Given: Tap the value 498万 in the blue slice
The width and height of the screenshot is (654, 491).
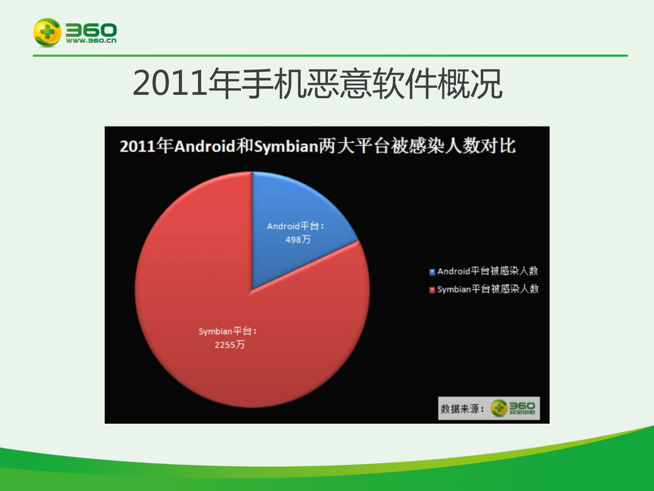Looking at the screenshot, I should pyautogui.click(x=298, y=240).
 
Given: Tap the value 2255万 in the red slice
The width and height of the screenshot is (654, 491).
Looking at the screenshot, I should pyautogui.click(x=229, y=345).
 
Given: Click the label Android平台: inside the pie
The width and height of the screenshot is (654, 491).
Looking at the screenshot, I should pyautogui.click(x=295, y=226).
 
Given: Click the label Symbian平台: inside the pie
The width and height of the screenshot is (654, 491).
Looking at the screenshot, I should pyautogui.click(x=227, y=331).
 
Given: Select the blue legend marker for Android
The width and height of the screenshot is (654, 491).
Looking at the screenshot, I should pyautogui.click(x=432, y=272).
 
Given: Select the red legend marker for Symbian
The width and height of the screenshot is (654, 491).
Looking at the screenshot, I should pyautogui.click(x=432, y=290).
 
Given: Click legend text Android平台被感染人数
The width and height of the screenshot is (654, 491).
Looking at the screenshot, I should pyautogui.click(x=487, y=271).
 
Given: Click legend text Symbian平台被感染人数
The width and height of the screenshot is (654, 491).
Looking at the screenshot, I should pyautogui.click(x=487, y=289).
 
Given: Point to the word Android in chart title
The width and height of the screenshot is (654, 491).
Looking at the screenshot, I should pyautogui.click(x=205, y=146).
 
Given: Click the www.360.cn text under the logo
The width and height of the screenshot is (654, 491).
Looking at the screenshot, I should pyautogui.click(x=91, y=41).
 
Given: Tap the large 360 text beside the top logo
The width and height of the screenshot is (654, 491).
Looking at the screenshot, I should pyautogui.click(x=91, y=30).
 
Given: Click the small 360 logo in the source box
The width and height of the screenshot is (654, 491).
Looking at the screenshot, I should pyautogui.click(x=513, y=408).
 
